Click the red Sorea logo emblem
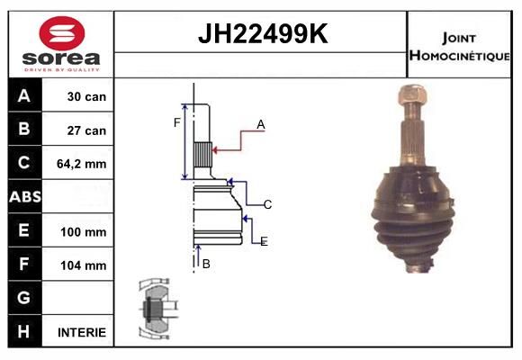[62, 33]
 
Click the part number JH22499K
[263, 33]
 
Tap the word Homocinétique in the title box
[459, 55]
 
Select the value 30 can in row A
[86, 96]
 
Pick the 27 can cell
[86, 130]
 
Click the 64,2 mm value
[82, 164]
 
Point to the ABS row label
[25, 197]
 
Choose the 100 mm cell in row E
[84, 232]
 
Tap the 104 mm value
[84, 265]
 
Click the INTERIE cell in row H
[82, 332]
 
